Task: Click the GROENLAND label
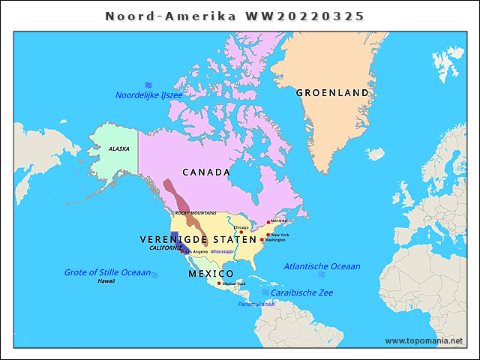pos(332,93)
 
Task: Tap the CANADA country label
pos(206,172)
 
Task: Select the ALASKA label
pos(118,149)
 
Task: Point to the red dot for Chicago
pos(241,232)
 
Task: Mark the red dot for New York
pos(268,235)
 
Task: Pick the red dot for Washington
pos(262,240)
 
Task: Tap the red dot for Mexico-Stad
pos(219,283)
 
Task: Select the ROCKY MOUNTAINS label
pos(196,213)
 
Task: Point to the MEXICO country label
pos(211,273)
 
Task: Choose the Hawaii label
pos(106,280)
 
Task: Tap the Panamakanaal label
pos(256,304)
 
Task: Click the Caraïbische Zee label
pos(301,292)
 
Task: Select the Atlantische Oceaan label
pos(322,266)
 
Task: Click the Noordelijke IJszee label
pos(148,95)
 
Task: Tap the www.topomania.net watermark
pos(424,341)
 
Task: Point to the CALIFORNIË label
pos(165,247)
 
